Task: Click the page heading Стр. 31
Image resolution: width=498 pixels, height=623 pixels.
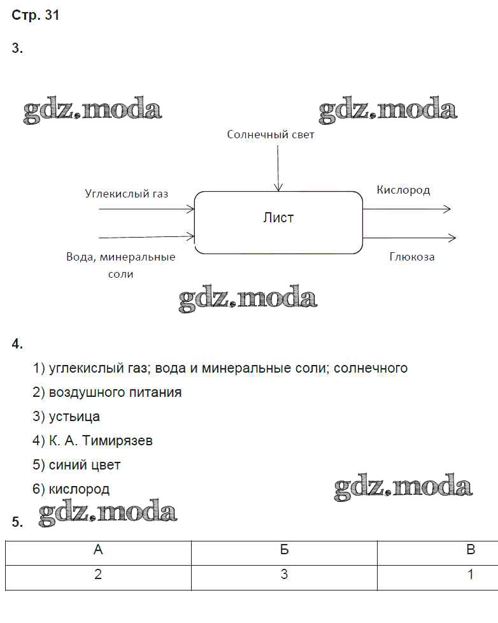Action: [36, 15]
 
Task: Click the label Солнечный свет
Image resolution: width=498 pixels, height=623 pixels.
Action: [271, 134]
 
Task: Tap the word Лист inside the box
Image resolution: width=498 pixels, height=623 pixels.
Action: [278, 218]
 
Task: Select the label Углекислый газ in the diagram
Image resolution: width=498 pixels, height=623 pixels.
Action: [127, 193]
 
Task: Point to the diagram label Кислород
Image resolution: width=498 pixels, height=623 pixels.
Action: [403, 190]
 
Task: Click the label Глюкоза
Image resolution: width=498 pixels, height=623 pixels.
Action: [412, 257]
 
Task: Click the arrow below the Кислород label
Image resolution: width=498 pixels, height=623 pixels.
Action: [407, 209]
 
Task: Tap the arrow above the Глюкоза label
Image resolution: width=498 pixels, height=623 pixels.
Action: [409, 238]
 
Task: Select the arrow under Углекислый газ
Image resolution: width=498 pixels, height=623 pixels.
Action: [146, 208]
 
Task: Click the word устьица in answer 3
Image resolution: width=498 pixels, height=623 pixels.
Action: [75, 417]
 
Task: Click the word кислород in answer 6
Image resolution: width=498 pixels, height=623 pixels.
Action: [79, 489]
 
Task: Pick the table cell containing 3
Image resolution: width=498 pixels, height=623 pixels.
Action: [284, 575]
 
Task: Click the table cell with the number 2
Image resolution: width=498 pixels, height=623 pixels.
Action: [98, 575]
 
